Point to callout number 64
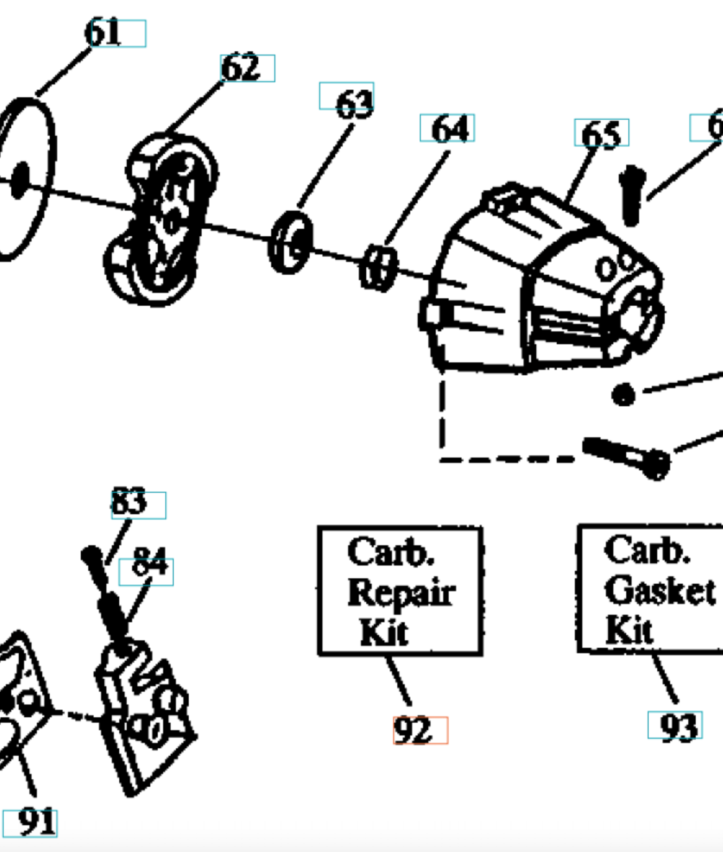pos(450,129)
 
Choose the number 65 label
pos(601,134)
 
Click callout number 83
pos(129,502)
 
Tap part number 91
pos(37,822)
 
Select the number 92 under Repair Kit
pos(412,730)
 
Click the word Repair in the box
pos(401,593)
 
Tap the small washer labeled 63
pos(290,242)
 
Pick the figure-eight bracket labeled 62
pos(160,219)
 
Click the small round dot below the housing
pos(624,395)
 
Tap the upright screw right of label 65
pos(632,195)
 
